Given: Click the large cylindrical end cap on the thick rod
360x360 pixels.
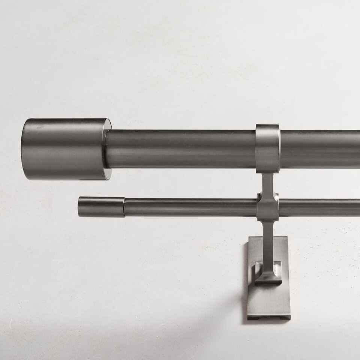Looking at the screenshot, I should [64, 149].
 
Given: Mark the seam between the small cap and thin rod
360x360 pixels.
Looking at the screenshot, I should [125, 207].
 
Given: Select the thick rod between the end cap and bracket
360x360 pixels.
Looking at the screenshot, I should [180, 149].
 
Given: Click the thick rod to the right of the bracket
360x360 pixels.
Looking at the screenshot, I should [319, 149].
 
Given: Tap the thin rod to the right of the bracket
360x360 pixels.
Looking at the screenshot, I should [319, 208].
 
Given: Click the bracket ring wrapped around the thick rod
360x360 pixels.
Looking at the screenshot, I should [267, 148].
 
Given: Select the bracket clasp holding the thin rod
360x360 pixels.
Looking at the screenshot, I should [268, 207].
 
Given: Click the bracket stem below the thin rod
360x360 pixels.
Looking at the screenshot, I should [268, 240].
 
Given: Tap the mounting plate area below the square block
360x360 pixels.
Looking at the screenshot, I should [268, 300].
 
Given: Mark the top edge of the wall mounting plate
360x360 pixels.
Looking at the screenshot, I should [268, 237].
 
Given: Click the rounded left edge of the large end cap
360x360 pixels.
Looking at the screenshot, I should [24, 149].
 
